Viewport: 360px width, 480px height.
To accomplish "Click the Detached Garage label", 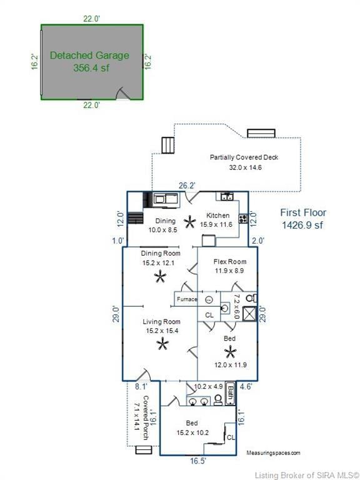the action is (x=89, y=56).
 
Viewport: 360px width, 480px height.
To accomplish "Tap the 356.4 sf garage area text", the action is (x=91, y=67).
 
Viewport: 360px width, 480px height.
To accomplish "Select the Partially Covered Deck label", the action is (x=244, y=157).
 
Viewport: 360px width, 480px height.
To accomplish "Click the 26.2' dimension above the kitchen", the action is (x=187, y=186).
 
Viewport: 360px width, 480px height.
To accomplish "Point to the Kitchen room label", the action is (x=217, y=215).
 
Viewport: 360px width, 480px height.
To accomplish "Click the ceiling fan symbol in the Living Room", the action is (x=162, y=344).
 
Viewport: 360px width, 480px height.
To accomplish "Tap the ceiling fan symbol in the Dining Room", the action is (x=160, y=277).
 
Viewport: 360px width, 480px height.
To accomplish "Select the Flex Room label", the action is (x=229, y=262).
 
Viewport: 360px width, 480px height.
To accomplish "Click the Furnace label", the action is (x=187, y=299).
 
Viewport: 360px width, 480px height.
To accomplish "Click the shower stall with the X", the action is (x=249, y=314).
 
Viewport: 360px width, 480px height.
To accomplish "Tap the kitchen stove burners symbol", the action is (x=243, y=218).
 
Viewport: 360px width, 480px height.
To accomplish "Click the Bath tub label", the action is (x=230, y=393).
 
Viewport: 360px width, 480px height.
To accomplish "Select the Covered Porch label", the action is (x=146, y=418).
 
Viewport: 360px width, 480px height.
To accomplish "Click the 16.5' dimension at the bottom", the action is (x=198, y=461).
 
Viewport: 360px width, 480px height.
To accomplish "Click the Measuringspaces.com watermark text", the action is (x=273, y=452).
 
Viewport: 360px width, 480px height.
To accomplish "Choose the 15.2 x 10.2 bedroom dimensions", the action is (x=192, y=433).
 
